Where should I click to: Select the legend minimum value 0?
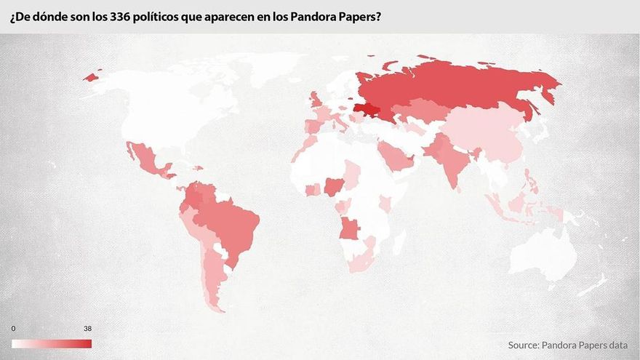(13, 329)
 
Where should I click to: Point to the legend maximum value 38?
(87, 329)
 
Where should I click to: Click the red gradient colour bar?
(51, 343)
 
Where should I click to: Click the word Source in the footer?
(527, 345)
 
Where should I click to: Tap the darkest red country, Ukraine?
(368, 111)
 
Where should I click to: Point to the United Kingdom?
(315, 100)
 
